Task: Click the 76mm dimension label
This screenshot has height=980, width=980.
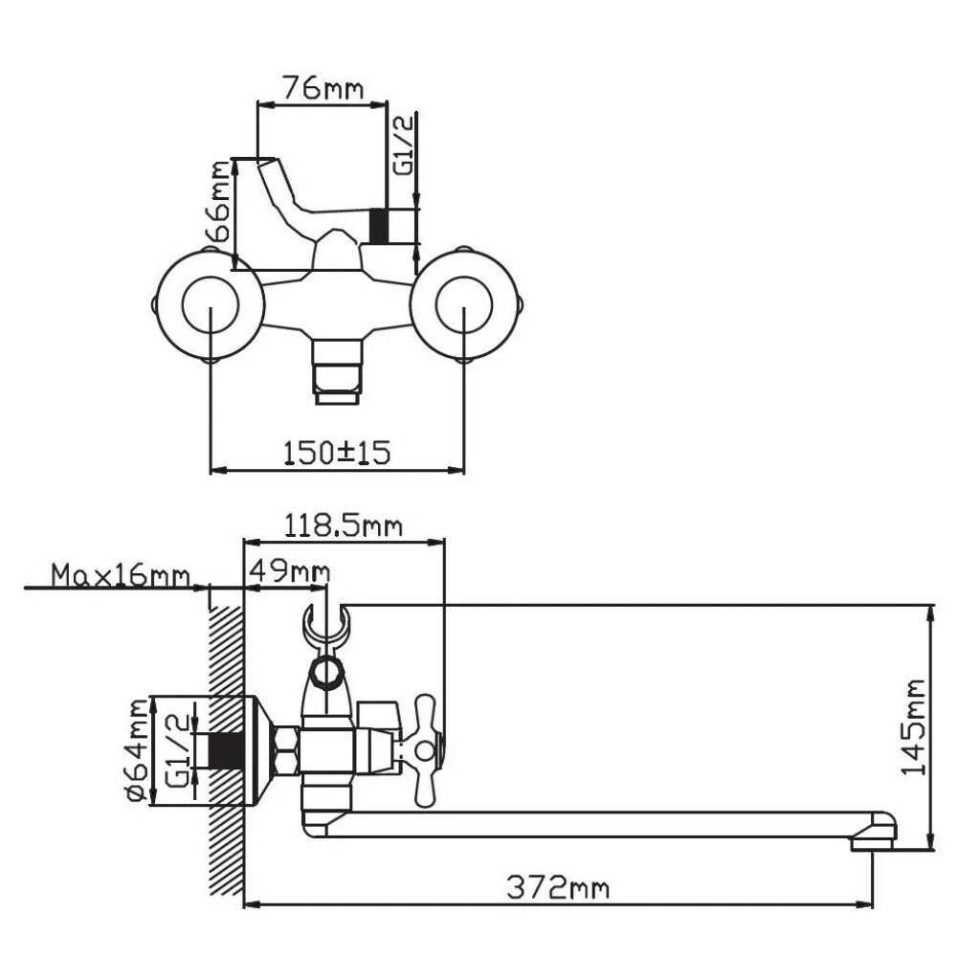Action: pos(322,88)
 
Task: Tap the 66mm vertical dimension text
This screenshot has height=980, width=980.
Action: pos(220,202)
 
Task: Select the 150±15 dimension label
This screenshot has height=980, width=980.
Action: pos(337,452)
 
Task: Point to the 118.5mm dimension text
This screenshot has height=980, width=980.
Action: pos(344,527)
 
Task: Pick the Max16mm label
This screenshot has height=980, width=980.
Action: pos(121,575)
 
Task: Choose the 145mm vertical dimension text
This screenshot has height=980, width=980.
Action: pos(913,727)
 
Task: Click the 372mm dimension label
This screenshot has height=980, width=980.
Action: pos(558,887)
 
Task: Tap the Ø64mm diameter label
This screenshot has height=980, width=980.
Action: pos(138,750)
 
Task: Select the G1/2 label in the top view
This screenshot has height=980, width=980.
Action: pos(405,145)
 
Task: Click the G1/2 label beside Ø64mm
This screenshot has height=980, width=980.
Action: pos(178,750)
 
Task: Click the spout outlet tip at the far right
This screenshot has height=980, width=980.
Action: pos(873,844)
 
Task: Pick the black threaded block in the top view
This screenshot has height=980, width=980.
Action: pos(379,226)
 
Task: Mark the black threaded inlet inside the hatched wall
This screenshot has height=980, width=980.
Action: pos(226,750)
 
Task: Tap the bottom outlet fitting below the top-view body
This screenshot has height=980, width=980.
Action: pos(338,372)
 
